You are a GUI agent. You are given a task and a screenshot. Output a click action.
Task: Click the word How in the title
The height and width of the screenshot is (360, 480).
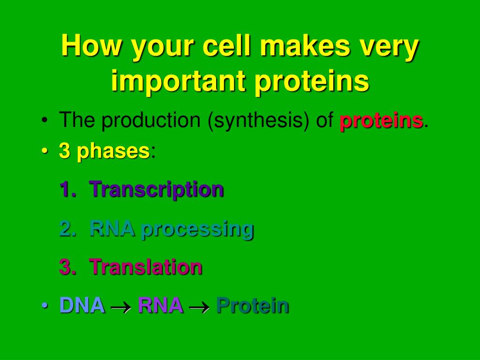(91, 45)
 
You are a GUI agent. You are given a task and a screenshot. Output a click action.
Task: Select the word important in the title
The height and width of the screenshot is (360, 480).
(178, 81)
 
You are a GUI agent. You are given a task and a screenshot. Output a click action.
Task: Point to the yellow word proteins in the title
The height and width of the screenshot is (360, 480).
(312, 81)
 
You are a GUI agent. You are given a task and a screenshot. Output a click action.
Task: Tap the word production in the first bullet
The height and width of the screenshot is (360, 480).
(151, 120)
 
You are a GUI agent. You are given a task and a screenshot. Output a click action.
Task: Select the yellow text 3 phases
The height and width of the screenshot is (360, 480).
(105, 151)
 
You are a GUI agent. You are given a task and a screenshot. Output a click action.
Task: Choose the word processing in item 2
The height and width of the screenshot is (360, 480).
(197, 229)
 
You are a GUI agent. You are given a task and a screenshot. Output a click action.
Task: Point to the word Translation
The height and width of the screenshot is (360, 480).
(146, 267)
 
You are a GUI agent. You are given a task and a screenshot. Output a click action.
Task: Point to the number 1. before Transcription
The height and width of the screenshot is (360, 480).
(68, 189)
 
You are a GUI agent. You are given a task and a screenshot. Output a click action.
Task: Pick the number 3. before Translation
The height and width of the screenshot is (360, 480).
(68, 267)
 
